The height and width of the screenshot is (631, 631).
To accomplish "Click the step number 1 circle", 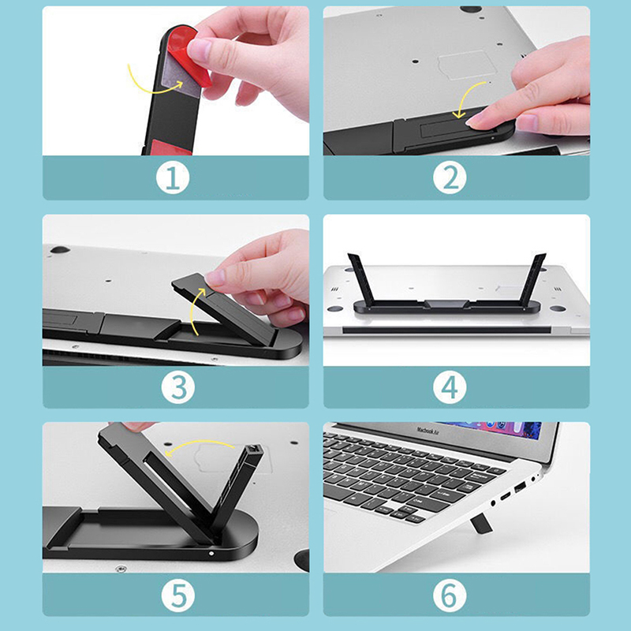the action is (x=173, y=177).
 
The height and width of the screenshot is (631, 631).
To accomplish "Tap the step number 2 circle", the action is (x=450, y=177).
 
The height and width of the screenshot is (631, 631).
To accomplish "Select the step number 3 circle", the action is (x=178, y=387).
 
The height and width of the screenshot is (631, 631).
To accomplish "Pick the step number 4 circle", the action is (x=450, y=387).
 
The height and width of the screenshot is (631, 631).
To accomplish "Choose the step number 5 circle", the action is (x=178, y=596).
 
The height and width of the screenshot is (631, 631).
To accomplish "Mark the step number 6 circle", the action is (x=450, y=596).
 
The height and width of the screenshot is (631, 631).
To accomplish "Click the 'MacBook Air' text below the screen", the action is (x=428, y=431).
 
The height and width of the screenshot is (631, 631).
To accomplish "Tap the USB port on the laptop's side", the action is (x=520, y=489).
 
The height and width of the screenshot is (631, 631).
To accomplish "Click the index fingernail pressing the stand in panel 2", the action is (x=475, y=120).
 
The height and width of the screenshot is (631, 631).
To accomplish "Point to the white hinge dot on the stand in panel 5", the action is (x=211, y=554).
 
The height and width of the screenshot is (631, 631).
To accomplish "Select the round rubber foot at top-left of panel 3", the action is (x=60, y=249).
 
